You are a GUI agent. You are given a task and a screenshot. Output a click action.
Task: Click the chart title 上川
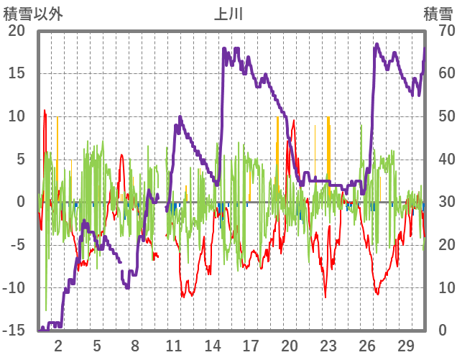[228, 13]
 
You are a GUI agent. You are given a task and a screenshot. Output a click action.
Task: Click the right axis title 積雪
[438, 13]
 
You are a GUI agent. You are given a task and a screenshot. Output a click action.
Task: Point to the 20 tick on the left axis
[16, 30]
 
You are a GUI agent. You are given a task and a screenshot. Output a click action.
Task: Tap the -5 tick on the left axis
[16, 245]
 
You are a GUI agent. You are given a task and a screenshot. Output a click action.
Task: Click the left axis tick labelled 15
[16, 73]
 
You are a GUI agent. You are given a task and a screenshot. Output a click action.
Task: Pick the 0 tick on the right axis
[441, 331]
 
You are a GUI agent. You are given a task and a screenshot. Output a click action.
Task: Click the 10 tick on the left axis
[16, 116]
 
